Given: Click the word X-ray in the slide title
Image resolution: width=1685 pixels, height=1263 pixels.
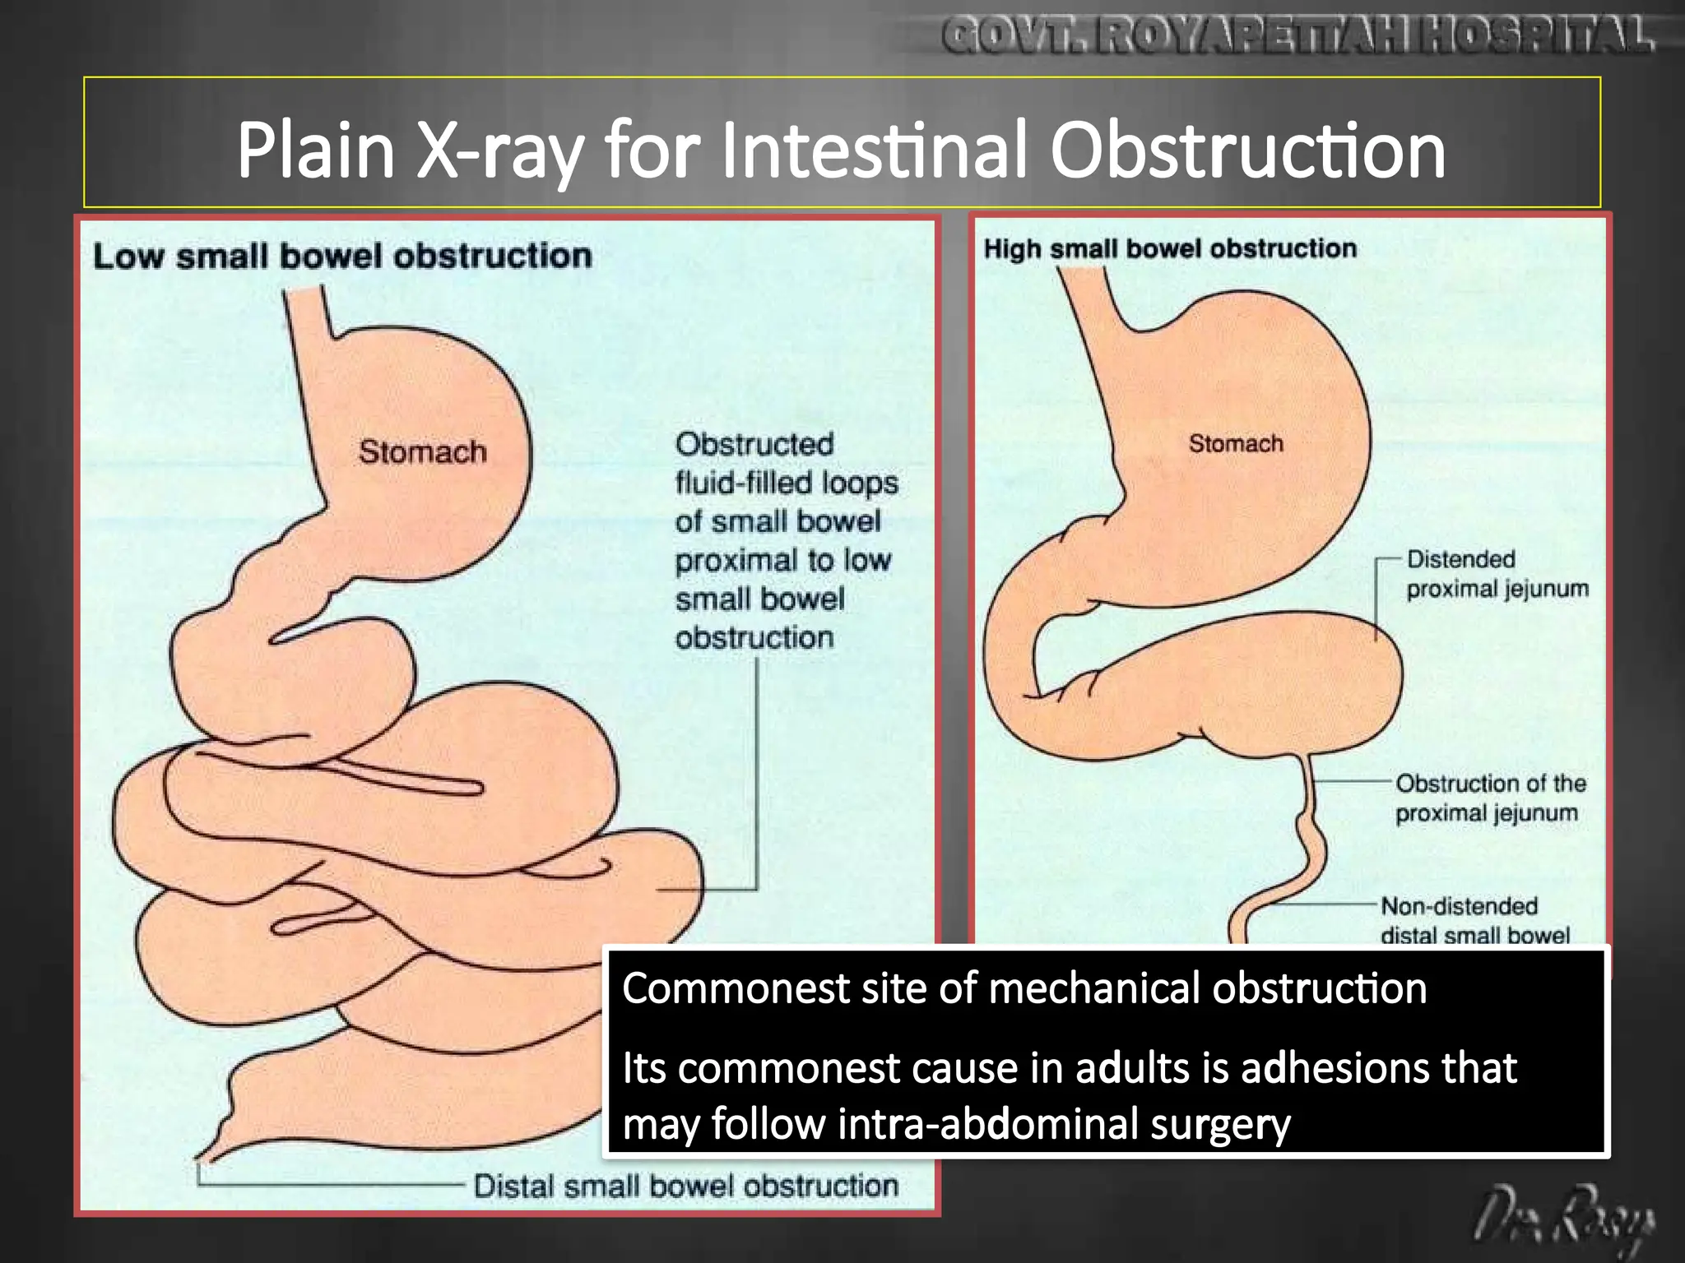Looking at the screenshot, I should [x=500, y=152].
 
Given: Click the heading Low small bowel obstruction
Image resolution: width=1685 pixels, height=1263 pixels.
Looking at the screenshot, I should [x=342, y=257].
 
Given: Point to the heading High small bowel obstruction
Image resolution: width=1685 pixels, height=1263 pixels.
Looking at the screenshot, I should [x=1170, y=248].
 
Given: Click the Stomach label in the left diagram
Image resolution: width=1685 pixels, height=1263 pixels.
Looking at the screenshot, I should [x=422, y=451].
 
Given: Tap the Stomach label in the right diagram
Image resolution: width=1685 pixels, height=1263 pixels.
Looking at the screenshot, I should [x=1235, y=444].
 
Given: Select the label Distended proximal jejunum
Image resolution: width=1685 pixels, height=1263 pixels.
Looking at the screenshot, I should [x=1497, y=574].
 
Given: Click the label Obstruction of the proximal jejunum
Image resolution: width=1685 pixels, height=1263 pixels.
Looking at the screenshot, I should [x=1490, y=798].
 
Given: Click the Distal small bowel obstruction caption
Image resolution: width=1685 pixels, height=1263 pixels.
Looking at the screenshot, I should [x=685, y=1186].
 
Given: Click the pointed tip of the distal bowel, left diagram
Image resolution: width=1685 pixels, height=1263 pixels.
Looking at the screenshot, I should [x=203, y=1158].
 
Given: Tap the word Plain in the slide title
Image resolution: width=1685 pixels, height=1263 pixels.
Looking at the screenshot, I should [x=316, y=152].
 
